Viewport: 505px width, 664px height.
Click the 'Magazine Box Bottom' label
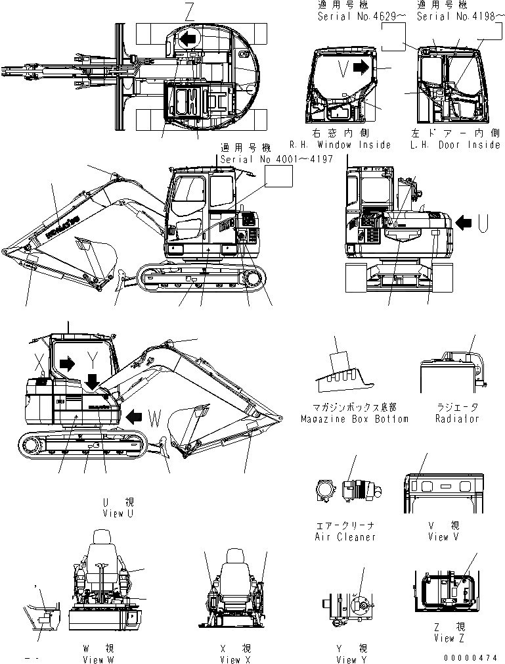[x=354, y=419]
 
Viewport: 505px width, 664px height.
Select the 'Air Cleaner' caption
[x=345, y=537]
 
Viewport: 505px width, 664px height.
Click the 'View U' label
[x=118, y=513]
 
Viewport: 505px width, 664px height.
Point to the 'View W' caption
[x=98, y=659]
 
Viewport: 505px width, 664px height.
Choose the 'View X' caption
[x=236, y=659]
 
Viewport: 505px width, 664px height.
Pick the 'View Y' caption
[x=346, y=659]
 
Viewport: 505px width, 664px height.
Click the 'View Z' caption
[x=445, y=638]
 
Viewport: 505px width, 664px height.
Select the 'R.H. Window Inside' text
[x=340, y=145]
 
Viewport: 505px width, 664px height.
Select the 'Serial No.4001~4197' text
[x=276, y=159]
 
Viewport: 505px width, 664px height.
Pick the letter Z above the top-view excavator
[x=190, y=11]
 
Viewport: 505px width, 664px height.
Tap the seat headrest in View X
[x=236, y=557]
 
